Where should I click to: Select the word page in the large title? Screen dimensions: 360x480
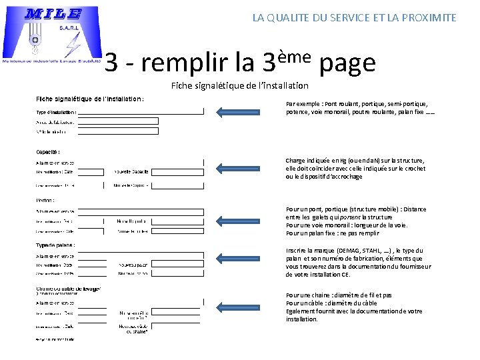(x=347, y=63)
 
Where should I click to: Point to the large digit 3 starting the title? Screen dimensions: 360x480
(x=113, y=63)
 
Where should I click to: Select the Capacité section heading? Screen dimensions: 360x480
(x=48, y=151)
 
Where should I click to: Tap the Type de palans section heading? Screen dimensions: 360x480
(x=55, y=245)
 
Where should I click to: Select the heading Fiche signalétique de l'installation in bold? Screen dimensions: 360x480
(x=90, y=99)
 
